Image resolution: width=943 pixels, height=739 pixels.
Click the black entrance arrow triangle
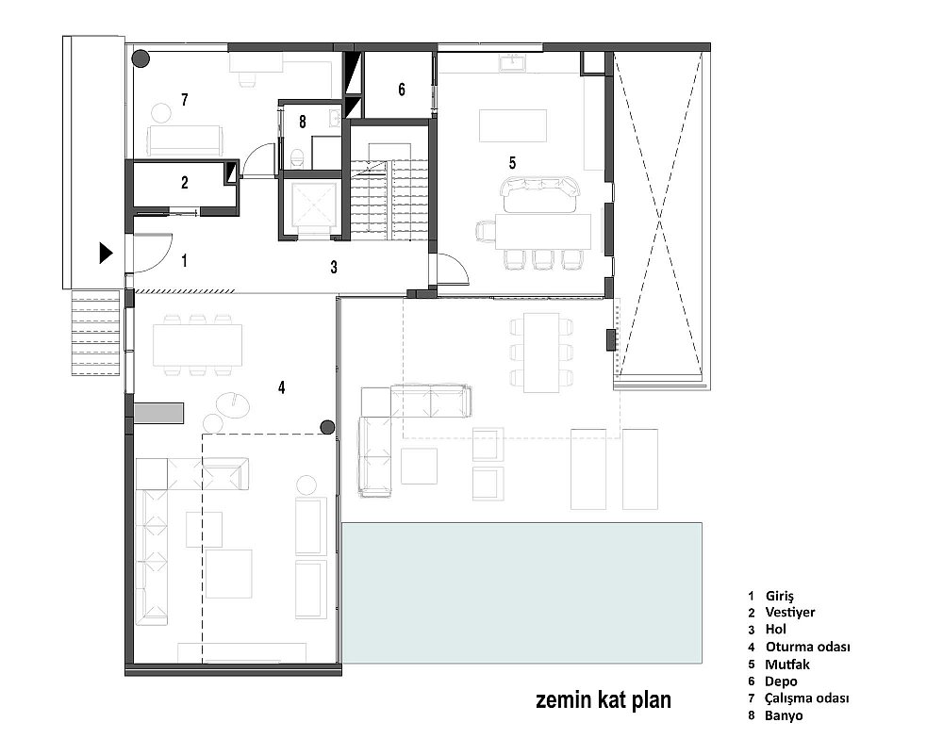(x=106, y=254)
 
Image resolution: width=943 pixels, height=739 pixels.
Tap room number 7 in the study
(x=185, y=100)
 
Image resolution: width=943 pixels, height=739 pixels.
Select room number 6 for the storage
(x=402, y=90)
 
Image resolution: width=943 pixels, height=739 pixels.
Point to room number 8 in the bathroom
(x=303, y=122)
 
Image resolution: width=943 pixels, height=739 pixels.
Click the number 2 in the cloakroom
(x=185, y=182)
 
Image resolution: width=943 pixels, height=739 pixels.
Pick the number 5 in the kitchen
(x=512, y=162)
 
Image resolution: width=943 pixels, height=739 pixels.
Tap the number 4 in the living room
(x=281, y=387)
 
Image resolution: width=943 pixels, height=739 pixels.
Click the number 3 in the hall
(x=334, y=267)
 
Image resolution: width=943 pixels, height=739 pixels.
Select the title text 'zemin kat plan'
(x=604, y=700)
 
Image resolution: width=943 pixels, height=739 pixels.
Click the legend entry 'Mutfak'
(x=787, y=665)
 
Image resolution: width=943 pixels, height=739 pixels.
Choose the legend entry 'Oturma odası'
(x=808, y=647)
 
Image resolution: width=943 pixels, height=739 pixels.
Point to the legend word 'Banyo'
(x=784, y=715)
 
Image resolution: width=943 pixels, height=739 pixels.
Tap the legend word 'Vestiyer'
(x=789, y=612)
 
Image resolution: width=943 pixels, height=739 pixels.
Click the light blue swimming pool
(x=522, y=593)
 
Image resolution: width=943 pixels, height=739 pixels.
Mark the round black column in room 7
(x=141, y=58)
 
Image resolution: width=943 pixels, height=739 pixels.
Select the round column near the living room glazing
(x=327, y=428)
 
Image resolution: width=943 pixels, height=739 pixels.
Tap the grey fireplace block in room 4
(x=158, y=413)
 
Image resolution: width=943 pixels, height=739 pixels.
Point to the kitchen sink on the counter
(x=513, y=62)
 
